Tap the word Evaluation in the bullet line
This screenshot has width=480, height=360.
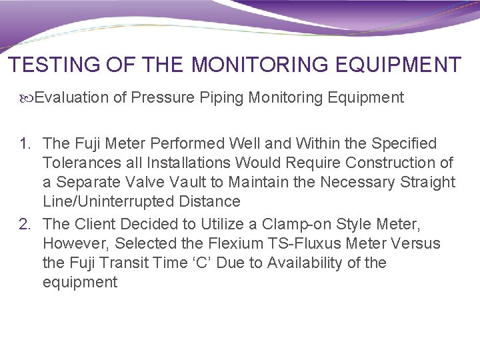pos(71,98)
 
